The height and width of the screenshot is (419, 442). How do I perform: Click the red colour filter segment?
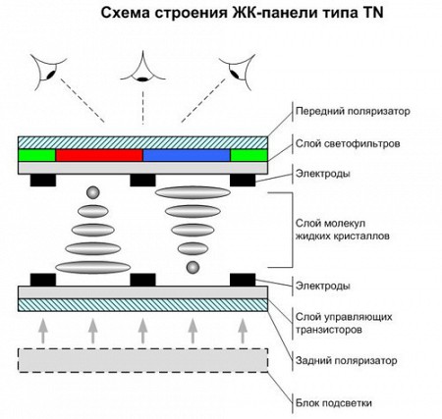[99, 155]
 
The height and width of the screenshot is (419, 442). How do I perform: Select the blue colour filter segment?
[187, 155]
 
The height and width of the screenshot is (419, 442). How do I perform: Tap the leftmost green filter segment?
[36, 155]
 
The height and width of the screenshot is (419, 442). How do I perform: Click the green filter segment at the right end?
[249, 155]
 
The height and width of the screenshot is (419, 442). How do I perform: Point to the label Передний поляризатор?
[353, 112]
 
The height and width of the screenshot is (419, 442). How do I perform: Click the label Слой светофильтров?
[348, 144]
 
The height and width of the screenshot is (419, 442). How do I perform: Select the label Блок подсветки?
[334, 403]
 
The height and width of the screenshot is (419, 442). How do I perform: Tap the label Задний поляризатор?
[347, 361]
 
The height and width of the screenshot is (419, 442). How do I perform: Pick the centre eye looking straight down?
[142, 68]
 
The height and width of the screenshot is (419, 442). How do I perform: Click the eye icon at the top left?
[48, 73]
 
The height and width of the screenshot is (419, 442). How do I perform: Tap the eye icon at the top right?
[237, 72]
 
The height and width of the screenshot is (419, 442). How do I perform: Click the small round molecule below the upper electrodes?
[92, 192]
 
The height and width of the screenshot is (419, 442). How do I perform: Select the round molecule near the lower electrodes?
[193, 267]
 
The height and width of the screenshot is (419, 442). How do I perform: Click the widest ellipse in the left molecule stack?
[93, 267]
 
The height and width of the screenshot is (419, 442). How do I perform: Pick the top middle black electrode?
[142, 181]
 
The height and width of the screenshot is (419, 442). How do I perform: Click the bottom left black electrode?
[43, 280]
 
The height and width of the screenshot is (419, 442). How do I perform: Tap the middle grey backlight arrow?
[142, 331]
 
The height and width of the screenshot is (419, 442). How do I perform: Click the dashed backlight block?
[142, 360]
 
